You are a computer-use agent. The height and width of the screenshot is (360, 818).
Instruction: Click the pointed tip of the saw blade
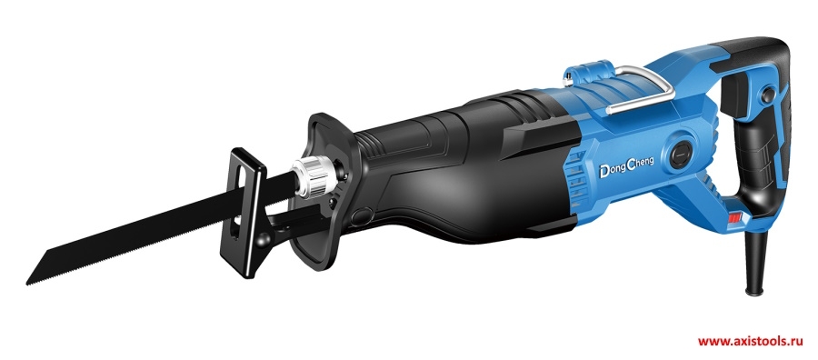(x=27, y=284)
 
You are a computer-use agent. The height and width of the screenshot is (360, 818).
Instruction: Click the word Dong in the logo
(x=611, y=170)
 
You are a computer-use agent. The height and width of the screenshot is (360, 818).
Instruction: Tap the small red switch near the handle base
(x=735, y=217)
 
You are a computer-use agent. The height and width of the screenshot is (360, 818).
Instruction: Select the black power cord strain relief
(x=755, y=261)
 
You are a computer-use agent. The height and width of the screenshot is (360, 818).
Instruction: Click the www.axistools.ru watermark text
(x=749, y=342)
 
